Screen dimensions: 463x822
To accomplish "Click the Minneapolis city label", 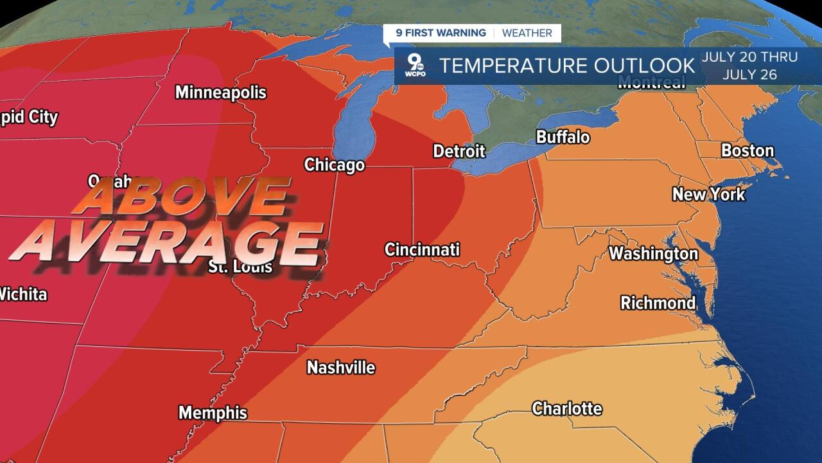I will (220, 93).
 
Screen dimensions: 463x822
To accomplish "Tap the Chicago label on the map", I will (334, 165).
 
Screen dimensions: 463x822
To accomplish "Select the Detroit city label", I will (459, 152).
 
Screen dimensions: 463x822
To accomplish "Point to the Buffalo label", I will (563, 137).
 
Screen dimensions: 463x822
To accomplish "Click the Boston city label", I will (747, 151).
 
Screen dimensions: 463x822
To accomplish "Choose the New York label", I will (708, 194).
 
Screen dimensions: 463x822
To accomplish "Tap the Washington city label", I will (653, 254).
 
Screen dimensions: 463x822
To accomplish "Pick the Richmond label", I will (658, 303).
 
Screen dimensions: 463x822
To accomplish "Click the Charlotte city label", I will (567, 409).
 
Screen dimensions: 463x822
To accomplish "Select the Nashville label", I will (341, 368).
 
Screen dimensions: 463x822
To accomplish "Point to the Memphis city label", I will (213, 413).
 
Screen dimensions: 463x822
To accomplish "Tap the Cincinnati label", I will (422, 250).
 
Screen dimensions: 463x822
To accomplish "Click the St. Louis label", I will (241, 267).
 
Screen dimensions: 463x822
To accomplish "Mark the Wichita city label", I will (23, 295).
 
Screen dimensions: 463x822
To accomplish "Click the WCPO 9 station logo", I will (414, 66).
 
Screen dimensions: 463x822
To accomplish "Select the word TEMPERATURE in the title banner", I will (513, 66).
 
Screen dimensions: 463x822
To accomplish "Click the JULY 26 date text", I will (749, 75).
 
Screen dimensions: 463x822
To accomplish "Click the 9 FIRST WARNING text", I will (441, 33).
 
